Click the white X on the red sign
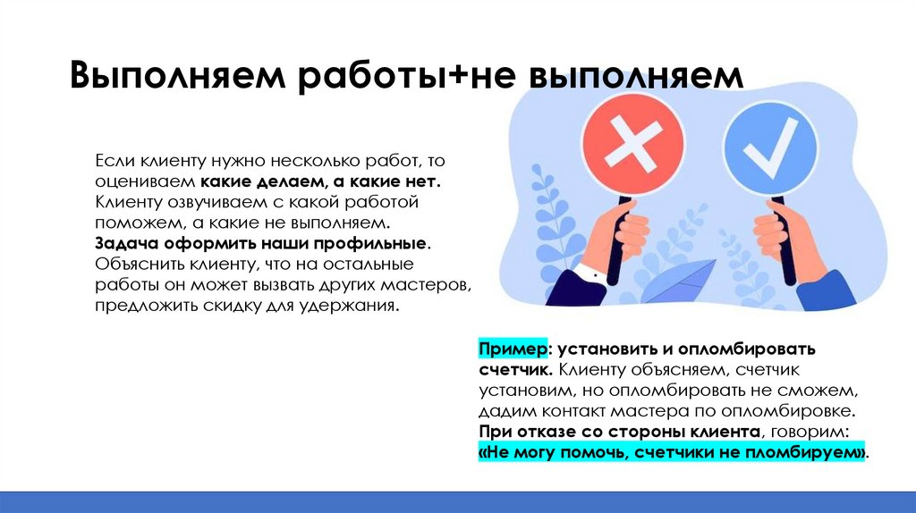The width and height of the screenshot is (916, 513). coord(632,144)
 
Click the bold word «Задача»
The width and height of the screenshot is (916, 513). coord(123,243)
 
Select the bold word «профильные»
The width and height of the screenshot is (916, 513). coord(380,243)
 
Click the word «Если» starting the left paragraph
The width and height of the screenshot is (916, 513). coord(114,161)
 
